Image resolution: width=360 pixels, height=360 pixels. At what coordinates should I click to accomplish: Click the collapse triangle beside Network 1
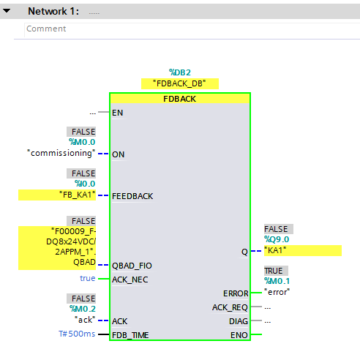[x=7, y=11]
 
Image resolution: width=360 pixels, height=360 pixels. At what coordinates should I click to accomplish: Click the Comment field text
[x=46, y=29]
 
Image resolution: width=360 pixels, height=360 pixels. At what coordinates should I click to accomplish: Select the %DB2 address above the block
[x=180, y=72]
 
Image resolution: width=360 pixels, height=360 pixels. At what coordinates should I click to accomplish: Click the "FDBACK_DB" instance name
[x=179, y=83]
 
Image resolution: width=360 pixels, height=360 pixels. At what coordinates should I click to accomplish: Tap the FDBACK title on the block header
[x=179, y=99]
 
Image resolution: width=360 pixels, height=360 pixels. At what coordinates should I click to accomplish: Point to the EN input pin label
[x=117, y=113]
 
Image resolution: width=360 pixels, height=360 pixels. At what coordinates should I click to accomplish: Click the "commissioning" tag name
[x=61, y=153]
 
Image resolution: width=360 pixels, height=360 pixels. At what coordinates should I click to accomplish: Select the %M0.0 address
[x=82, y=142]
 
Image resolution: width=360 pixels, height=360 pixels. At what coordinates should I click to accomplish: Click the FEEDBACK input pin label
[x=132, y=196]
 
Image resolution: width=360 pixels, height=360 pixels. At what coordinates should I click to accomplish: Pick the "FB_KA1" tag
[x=78, y=195]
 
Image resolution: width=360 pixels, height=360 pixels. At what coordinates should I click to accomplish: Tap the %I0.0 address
[x=85, y=184]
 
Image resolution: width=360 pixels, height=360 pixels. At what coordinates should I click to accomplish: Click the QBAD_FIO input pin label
[x=132, y=266]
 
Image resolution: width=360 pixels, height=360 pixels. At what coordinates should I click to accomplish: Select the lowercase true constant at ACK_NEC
[x=88, y=278]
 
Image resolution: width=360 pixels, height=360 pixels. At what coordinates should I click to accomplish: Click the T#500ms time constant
[x=77, y=334]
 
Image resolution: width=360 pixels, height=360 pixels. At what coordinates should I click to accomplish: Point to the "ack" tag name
[x=85, y=320]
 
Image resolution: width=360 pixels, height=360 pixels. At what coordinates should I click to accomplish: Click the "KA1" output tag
[x=275, y=250]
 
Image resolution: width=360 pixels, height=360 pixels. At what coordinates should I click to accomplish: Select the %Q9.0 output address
[x=277, y=239]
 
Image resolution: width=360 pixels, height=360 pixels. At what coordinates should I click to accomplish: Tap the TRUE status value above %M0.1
[x=274, y=271]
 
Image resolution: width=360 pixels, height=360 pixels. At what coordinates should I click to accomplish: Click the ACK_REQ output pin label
[x=230, y=307]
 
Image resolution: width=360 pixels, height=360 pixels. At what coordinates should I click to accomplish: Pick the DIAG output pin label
[x=239, y=321]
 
